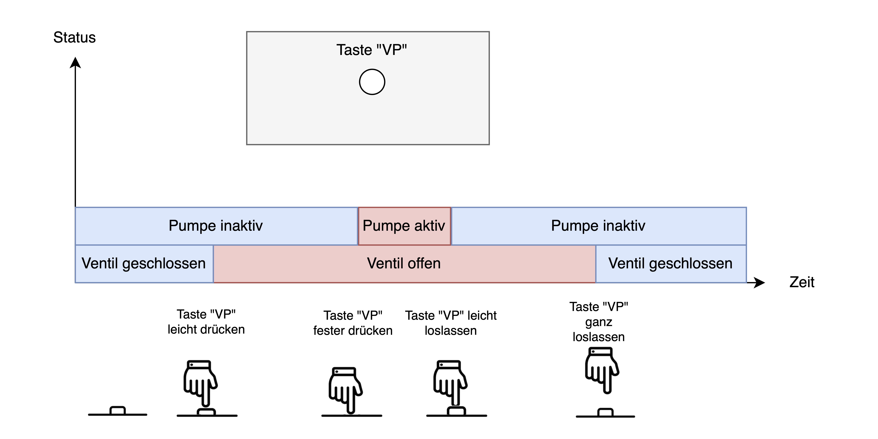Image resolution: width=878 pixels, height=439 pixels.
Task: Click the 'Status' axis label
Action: pyautogui.click(x=74, y=37)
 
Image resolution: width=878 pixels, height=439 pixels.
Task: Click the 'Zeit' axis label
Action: pyautogui.click(x=802, y=282)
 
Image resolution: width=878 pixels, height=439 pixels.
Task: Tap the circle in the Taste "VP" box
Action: pyautogui.click(x=372, y=82)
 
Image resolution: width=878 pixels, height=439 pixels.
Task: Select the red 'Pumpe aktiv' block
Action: pyautogui.click(x=404, y=226)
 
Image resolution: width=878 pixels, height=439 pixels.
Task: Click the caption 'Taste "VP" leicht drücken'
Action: pyautogui.click(x=206, y=322)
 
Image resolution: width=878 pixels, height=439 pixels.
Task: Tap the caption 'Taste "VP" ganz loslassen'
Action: pyautogui.click(x=599, y=322)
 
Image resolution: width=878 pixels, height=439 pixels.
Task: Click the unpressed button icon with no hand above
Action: pyautogui.click(x=118, y=411)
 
